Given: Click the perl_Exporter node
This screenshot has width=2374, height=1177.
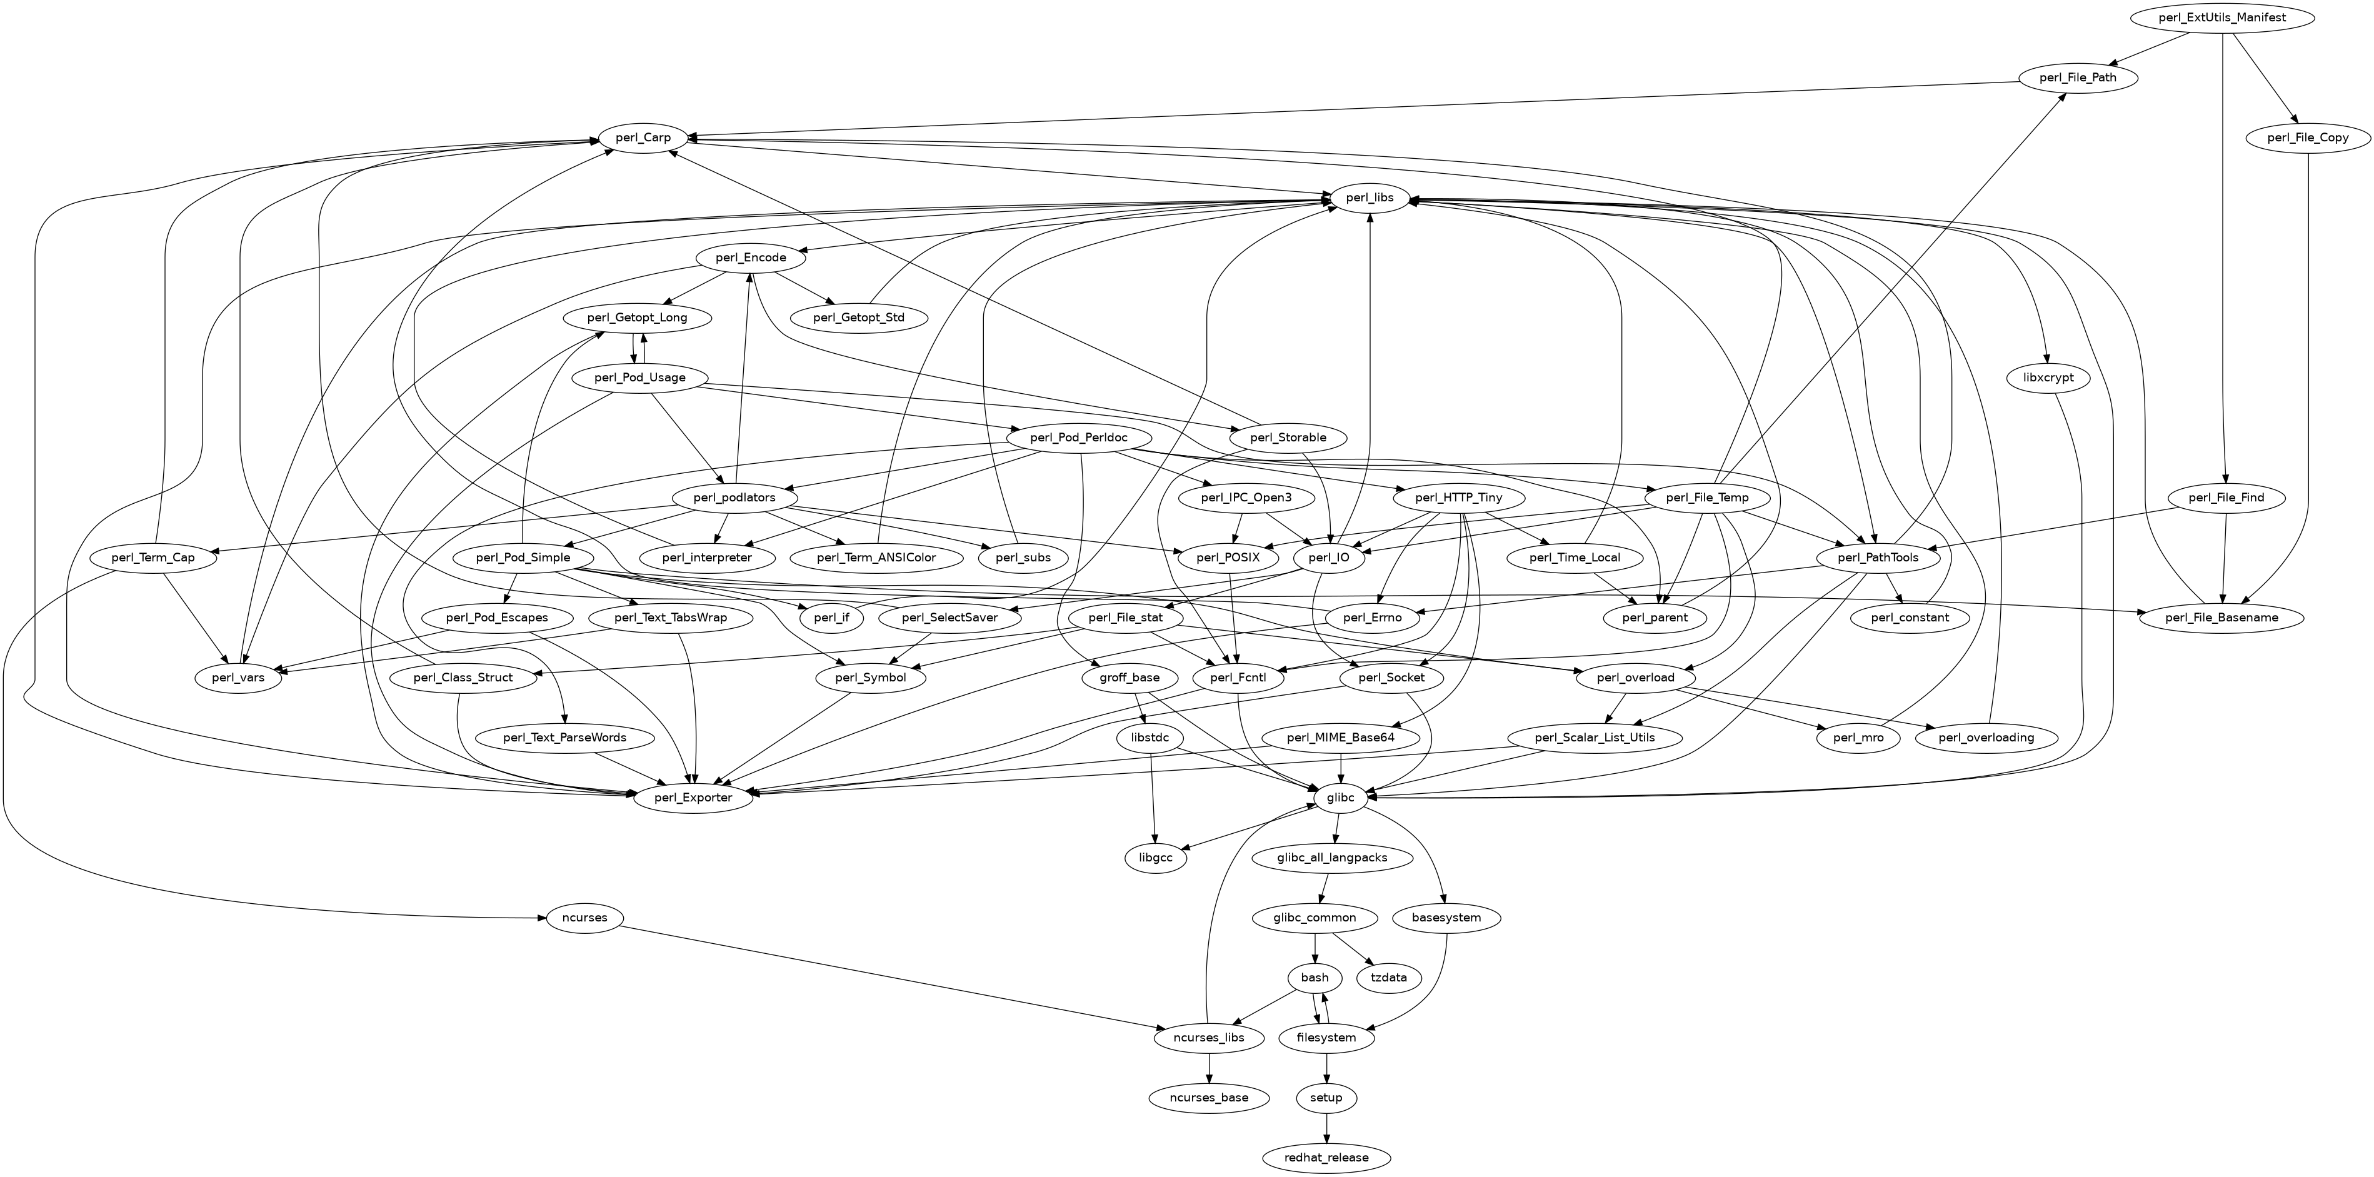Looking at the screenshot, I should click(693, 797).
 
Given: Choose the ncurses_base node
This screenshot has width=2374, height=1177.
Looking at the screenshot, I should click(1208, 1097).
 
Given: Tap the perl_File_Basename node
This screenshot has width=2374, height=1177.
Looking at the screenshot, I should click(2220, 618).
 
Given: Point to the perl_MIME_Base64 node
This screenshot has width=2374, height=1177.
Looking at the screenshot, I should click(1340, 738).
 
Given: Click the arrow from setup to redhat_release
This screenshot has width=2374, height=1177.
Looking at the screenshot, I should click(1326, 1126).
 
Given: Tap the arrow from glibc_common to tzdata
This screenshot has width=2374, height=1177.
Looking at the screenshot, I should click(1352, 948).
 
